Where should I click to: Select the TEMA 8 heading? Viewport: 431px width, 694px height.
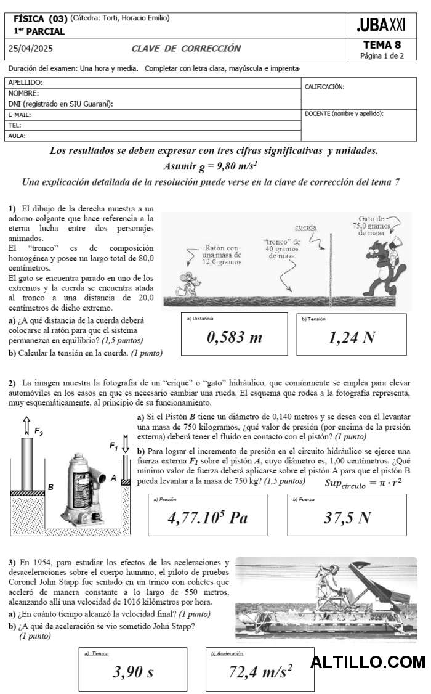[x=382, y=45]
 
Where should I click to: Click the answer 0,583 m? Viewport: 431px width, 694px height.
[x=234, y=337]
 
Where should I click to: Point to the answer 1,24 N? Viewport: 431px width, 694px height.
[x=352, y=337]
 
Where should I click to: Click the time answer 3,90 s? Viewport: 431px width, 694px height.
[x=133, y=672]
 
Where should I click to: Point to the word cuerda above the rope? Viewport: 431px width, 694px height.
[x=305, y=227]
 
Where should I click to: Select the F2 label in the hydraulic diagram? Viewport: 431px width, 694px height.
[x=38, y=431]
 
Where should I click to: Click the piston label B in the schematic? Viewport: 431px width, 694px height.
[x=50, y=487]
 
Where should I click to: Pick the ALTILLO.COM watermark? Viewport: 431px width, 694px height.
[x=368, y=663]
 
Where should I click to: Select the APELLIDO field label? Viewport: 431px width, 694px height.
[x=26, y=83]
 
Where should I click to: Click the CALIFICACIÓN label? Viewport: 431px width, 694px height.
[x=324, y=87]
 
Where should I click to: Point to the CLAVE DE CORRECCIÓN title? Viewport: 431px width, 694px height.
[x=186, y=49]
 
